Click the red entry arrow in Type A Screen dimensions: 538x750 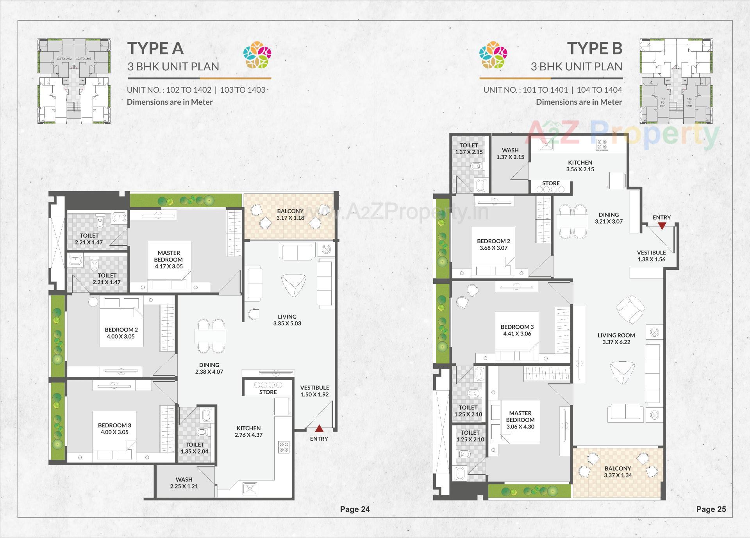click(x=319, y=429)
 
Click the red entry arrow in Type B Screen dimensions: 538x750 click(x=662, y=226)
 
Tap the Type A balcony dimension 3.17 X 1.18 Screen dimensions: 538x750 click(x=290, y=218)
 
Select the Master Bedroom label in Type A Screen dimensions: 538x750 click(x=168, y=256)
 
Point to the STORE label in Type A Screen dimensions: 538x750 click(x=268, y=392)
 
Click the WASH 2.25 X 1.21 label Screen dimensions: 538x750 click(x=184, y=483)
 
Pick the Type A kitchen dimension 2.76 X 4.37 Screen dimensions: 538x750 click(x=248, y=435)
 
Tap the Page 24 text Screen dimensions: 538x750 click(x=355, y=509)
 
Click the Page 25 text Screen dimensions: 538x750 click(x=711, y=509)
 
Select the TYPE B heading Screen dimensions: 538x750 click(x=595, y=48)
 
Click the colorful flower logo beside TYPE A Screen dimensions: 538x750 click(x=257, y=55)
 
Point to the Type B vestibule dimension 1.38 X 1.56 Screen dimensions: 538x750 click(x=651, y=259)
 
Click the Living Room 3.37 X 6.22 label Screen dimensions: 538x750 click(x=616, y=339)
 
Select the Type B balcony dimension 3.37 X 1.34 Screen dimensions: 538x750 click(x=618, y=475)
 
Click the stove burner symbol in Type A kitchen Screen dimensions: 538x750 click(x=284, y=447)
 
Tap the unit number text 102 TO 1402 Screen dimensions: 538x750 click(x=188, y=90)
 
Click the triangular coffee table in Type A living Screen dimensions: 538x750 click(x=293, y=285)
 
